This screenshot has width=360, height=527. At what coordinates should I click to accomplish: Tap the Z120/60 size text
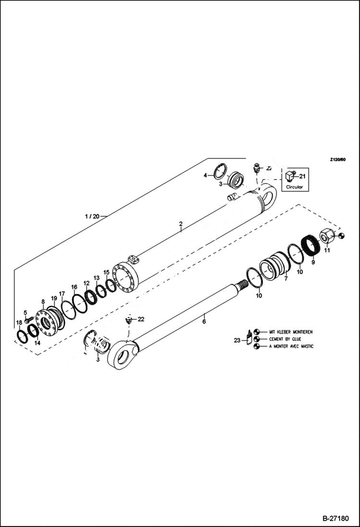click(x=338, y=160)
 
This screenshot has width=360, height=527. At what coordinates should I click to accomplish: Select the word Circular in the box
click(x=295, y=187)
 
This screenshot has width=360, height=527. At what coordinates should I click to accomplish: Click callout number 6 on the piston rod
click(x=204, y=321)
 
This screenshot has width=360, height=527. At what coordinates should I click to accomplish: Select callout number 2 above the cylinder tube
click(x=181, y=224)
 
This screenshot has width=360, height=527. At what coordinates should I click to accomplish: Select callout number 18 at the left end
click(x=19, y=322)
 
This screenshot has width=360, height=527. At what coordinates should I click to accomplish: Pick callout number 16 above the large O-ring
click(x=74, y=287)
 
